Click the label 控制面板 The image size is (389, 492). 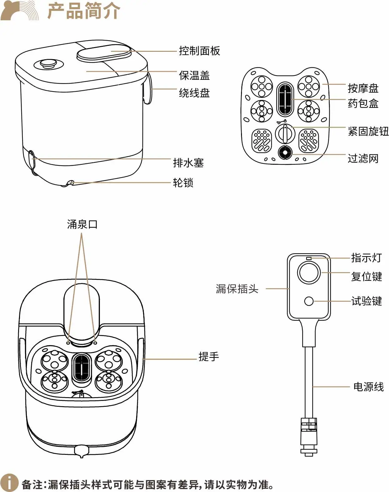tap(199, 51)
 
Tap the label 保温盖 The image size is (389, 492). tap(194, 76)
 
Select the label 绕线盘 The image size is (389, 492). tap(194, 93)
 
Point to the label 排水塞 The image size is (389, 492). tap(188, 163)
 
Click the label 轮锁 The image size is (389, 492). tap(183, 183)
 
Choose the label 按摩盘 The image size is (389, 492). tap(363, 88)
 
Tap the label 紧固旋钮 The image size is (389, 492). tap(368, 131)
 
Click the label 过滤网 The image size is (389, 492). tap(363, 158)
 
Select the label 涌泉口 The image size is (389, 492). tap(82, 224)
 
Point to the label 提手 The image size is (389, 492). tap(209, 356)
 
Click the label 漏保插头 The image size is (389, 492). tap(237, 289)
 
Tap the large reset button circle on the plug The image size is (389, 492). tap(309, 273)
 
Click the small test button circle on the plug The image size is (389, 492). tap(309, 301)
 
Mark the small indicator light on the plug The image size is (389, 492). tap(309, 258)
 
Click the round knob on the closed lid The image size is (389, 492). tap(48, 64)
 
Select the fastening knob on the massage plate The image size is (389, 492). tap(285, 133)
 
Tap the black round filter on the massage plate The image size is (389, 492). tap(285, 153)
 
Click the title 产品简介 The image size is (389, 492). tap(84, 11)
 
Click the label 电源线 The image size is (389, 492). tap(368, 387)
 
